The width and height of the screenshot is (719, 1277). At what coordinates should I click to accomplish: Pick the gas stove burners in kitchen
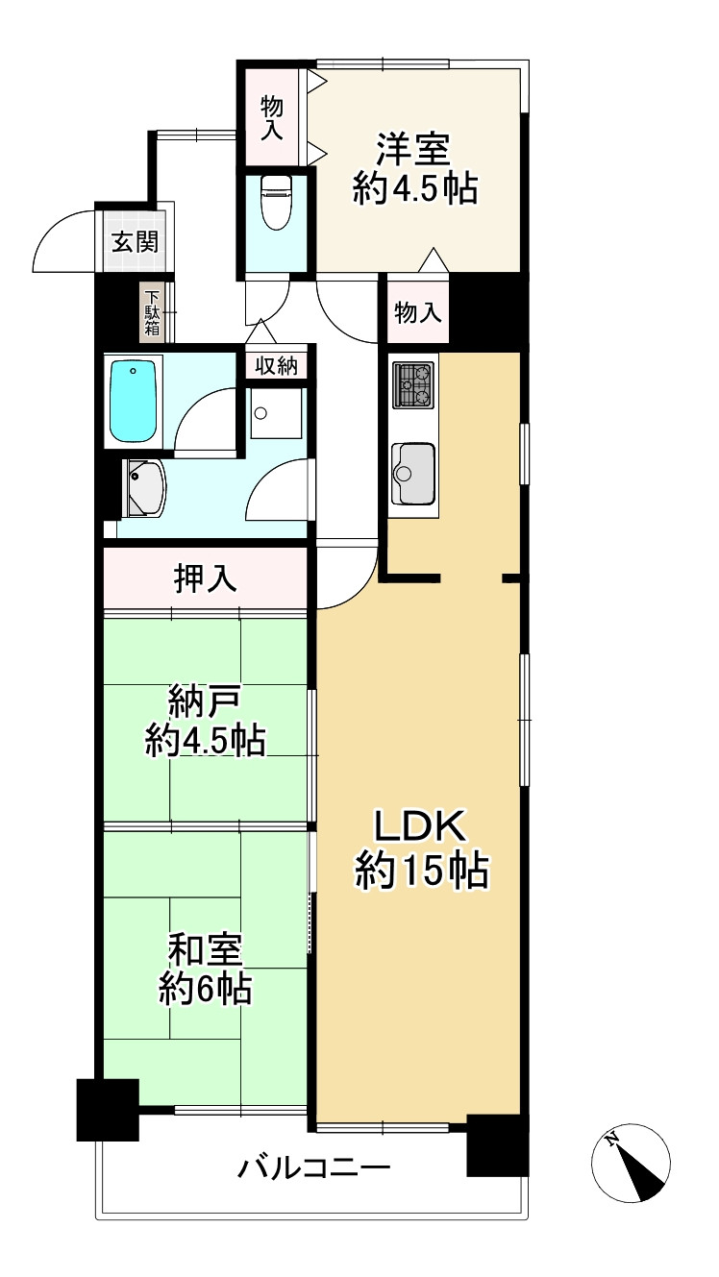tap(414, 385)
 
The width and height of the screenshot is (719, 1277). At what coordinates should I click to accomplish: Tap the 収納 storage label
tap(278, 365)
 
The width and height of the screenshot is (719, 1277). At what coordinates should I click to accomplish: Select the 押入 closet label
tap(205, 578)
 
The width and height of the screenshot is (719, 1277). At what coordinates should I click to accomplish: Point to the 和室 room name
tap(205, 950)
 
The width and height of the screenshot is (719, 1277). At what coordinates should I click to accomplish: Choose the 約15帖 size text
tap(422, 872)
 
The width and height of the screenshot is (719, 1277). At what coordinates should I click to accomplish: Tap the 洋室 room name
tap(414, 151)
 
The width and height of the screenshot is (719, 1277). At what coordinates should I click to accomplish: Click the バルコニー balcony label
tap(314, 1168)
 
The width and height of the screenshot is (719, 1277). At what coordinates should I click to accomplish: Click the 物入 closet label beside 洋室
tap(272, 116)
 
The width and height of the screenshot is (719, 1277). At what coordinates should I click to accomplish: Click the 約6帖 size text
tap(205, 989)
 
